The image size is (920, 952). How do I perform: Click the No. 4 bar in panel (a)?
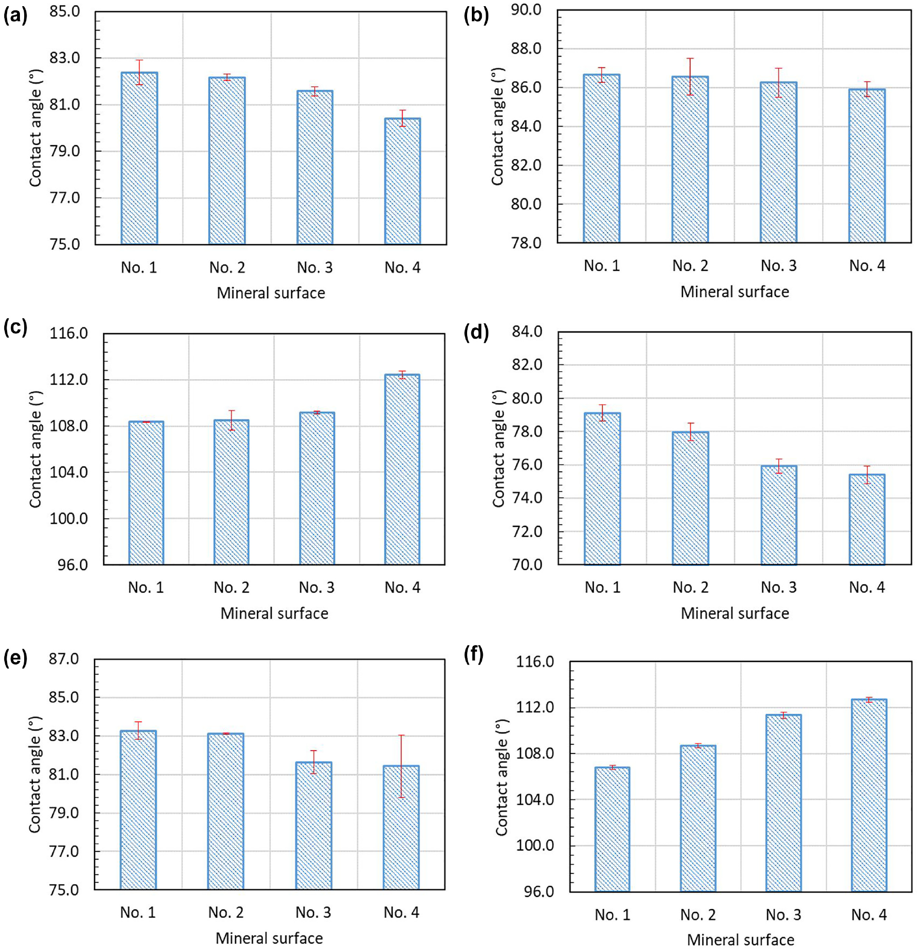(403, 181)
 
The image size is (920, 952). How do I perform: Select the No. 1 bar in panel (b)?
(602, 158)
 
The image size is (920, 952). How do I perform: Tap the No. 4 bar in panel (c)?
(402, 469)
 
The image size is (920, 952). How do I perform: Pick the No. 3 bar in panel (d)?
(779, 515)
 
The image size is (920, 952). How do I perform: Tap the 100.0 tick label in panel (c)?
(68, 519)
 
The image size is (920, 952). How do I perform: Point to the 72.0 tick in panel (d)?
(527, 531)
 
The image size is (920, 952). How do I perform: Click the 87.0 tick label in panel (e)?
(64, 659)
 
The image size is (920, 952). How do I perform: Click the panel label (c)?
(15, 328)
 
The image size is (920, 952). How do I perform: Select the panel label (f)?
(474, 655)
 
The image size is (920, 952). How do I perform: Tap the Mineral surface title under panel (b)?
(735, 292)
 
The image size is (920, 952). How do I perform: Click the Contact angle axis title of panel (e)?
(35, 774)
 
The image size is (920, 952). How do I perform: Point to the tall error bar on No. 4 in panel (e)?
(401, 767)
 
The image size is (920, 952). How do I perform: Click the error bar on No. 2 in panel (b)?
(690, 76)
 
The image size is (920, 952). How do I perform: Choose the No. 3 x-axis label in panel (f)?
(783, 915)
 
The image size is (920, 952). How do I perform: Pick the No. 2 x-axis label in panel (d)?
(690, 587)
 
